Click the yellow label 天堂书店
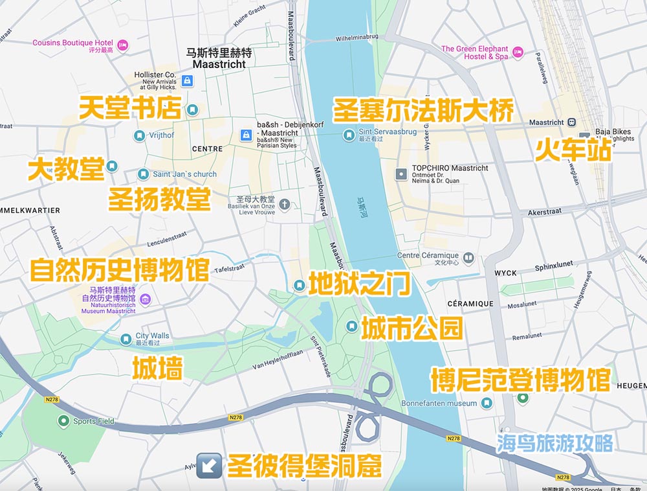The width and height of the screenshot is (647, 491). pos(130,109)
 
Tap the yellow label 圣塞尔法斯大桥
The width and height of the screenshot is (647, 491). pos(423,111)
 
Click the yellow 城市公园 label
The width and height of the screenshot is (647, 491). pos(411,328)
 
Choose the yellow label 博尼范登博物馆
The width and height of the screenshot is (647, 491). pos(521,380)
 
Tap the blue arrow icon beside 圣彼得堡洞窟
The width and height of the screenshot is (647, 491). pos(209,465)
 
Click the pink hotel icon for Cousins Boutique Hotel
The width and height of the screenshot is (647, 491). pos(122,44)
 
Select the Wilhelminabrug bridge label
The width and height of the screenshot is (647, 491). pos(356,38)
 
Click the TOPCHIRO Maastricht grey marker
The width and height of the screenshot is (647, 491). pos(401,174)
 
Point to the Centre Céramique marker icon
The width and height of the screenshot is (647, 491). pos(468,258)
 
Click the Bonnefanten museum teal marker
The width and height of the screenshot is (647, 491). pos(487,403)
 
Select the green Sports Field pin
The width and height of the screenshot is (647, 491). pos(63,421)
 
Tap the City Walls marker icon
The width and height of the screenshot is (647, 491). pos(126,339)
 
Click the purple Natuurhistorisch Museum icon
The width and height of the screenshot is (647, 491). pos(146,299)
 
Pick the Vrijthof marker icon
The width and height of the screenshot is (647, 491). pos(139,135)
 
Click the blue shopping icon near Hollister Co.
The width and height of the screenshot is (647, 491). pos(187,80)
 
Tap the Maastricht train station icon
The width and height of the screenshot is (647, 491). pos(572,122)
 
